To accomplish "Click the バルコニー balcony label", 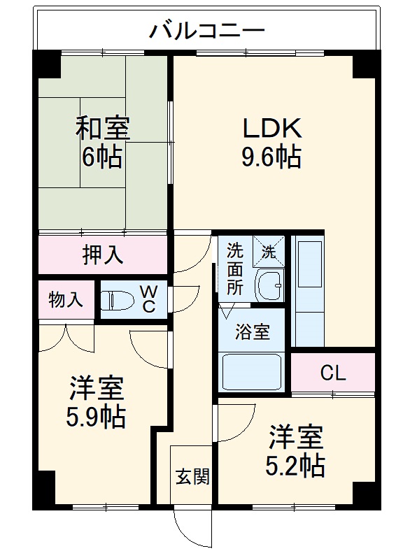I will [x=207, y=31].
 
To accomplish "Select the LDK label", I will [x=271, y=128].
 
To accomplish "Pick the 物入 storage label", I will [x=66, y=300].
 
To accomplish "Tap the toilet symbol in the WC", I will [x=116, y=301].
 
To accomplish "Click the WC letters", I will [x=149, y=300].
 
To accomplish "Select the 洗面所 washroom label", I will [x=235, y=267].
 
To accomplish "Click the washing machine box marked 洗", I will [x=270, y=250].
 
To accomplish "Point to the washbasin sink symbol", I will [x=269, y=285].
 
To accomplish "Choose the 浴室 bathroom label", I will [x=252, y=332].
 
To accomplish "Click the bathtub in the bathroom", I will [x=252, y=371].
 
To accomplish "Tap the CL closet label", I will [x=333, y=373].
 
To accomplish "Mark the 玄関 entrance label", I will [x=191, y=477].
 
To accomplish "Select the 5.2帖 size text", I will [x=297, y=466].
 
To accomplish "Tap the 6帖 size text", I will [x=102, y=157].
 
